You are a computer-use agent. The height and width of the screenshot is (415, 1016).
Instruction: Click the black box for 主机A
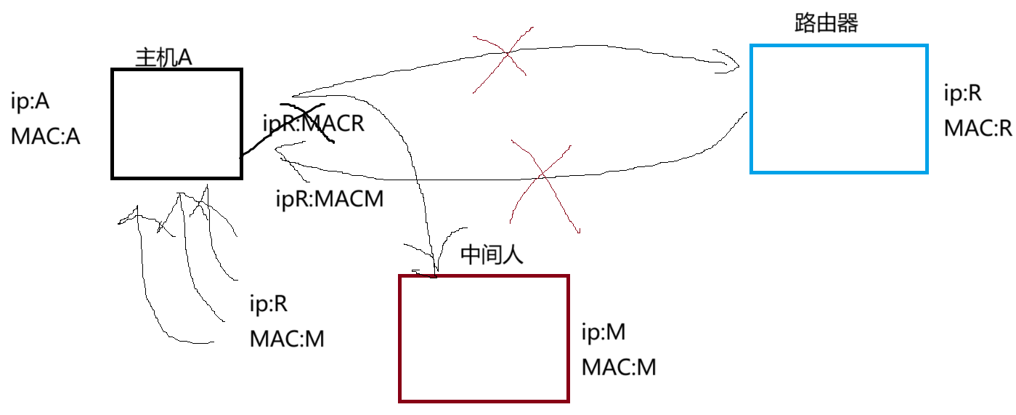coord(176,124)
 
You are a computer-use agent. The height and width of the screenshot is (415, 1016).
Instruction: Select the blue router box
coord(839,109)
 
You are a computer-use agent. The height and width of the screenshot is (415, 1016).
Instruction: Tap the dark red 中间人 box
coord(484,338)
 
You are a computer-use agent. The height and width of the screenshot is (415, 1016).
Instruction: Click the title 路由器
coord(826,23)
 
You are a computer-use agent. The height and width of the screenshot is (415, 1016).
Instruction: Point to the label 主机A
coord(163,58)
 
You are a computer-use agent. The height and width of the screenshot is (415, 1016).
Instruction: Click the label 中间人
coord(492,255)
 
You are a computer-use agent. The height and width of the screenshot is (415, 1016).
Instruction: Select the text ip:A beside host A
coord(31,102)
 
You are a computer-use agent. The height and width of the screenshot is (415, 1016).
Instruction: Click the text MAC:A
coord(45,136)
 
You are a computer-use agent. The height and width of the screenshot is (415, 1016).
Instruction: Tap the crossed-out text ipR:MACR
coord(313,124)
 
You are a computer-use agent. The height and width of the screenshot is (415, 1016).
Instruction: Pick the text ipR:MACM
coord(330,198)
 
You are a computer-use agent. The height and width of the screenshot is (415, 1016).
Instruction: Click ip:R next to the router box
coord(963,93)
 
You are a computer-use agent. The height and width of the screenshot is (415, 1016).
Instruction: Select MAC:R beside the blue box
coord(978,129)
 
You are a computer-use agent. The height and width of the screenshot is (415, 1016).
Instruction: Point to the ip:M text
coord(603,333)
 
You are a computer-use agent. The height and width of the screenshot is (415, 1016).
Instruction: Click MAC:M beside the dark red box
coord(619,368)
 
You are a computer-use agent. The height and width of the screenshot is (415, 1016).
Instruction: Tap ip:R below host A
coord(269,304)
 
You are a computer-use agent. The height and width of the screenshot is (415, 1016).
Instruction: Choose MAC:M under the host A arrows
coord(286,339)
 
